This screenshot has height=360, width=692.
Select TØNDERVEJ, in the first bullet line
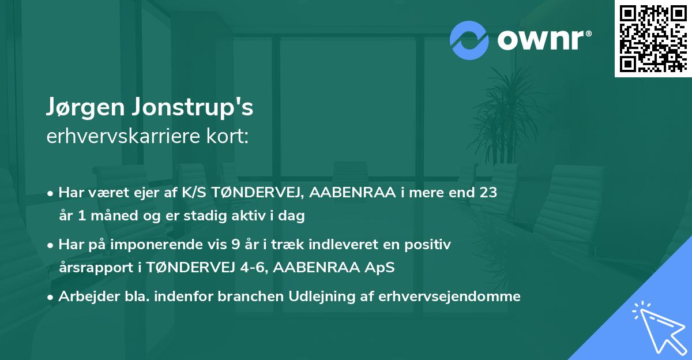tap(262, 193)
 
